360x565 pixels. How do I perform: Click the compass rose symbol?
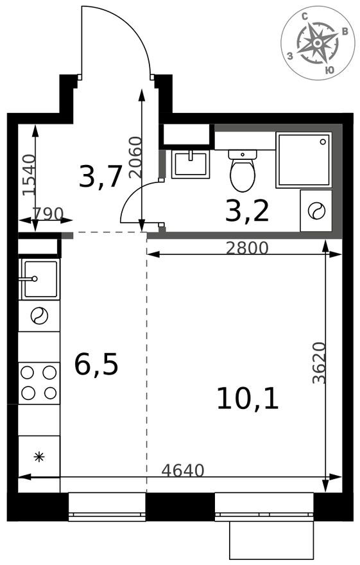click(x=318, y=43)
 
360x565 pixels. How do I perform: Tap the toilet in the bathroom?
click(x=243, y=171)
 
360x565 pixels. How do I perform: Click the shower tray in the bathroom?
click(x=304, y=160)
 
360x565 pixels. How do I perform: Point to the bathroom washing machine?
click(x=316, y=211)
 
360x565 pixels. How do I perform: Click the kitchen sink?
click(x=40, y=279)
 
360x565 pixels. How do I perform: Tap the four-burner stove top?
click(x=39, y=383)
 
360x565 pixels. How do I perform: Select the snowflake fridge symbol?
click(x=39, y=457)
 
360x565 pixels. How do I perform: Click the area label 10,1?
click(x=247, y=399)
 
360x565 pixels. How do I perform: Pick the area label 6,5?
click(x=96, y=365)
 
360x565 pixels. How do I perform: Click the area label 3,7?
click(x=100, y=177)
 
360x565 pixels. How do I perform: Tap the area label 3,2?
click(x=246, y=211)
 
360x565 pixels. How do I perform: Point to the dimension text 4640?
click(x=182, y=471)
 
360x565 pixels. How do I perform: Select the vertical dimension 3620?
click(x=319, y=363)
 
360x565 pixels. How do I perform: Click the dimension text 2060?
click(x=135, y=157)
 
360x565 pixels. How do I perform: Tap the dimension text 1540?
click(x=28, y=175)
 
